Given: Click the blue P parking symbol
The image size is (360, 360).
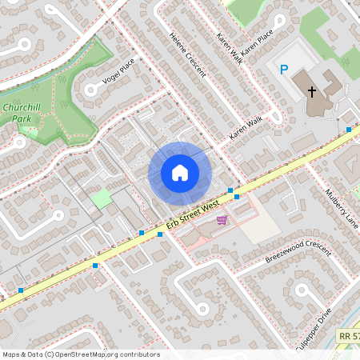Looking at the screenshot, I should (x=283, y=70).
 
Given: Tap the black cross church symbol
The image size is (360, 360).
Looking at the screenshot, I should (x=311, y=92).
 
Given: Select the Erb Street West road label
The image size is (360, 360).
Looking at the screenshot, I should (x=192, y=215).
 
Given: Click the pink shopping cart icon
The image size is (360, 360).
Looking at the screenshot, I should (x=222, y=220).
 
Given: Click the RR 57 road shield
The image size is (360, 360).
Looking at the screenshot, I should (x=347, y=338).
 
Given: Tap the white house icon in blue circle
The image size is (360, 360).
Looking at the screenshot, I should (x=180, y=173).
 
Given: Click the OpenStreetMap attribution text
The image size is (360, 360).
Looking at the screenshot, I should (x=81, y=354).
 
